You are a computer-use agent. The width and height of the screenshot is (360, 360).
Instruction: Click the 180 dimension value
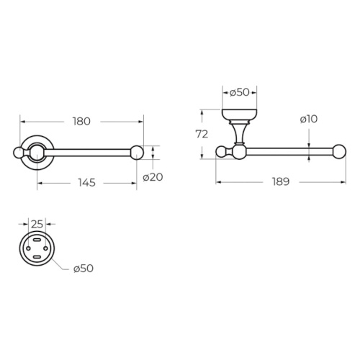81,122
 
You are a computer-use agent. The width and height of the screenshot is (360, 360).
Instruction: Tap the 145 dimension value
86,183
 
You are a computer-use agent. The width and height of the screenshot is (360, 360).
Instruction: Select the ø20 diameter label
153,177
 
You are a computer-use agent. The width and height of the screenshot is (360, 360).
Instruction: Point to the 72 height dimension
202,135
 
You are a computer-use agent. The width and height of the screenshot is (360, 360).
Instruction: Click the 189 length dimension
281,181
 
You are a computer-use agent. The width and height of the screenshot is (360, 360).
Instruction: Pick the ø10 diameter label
309,119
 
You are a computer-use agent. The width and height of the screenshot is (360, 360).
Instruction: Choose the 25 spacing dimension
37,224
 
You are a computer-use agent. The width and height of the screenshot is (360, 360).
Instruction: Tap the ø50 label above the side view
240,92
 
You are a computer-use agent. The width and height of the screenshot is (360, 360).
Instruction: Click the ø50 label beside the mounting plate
84,269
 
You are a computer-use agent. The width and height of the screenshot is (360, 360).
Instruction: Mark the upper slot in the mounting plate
37,240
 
